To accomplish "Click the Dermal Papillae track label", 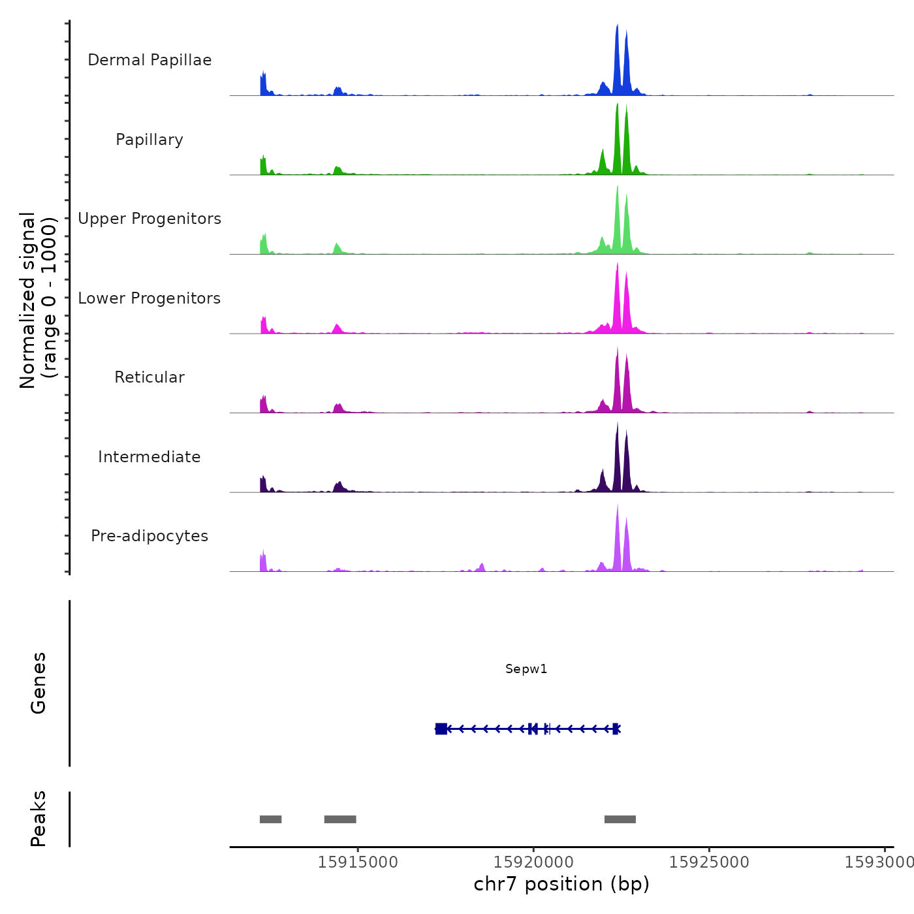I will pos(150,60).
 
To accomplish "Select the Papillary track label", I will pos(150,140).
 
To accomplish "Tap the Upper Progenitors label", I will pos(150,219).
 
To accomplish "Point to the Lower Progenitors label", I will pos(150,298).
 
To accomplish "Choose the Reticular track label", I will pos(150,377).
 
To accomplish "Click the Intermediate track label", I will pos(150,457).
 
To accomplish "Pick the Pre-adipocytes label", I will pos(150,536).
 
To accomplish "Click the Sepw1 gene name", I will pos(526,669).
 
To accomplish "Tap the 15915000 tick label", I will pos(358,862).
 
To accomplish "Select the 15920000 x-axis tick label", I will pos(533,862).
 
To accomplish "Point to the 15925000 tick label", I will pos(709,862).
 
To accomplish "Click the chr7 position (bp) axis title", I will pos(561,884).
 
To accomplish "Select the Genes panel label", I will pos(39,683).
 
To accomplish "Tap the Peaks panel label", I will pos(39,819).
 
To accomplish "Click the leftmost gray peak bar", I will pos(270,819).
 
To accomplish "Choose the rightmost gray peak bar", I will pos(620,819).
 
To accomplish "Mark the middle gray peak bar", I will pos(340,819).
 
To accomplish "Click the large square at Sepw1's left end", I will pos(441,729).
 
